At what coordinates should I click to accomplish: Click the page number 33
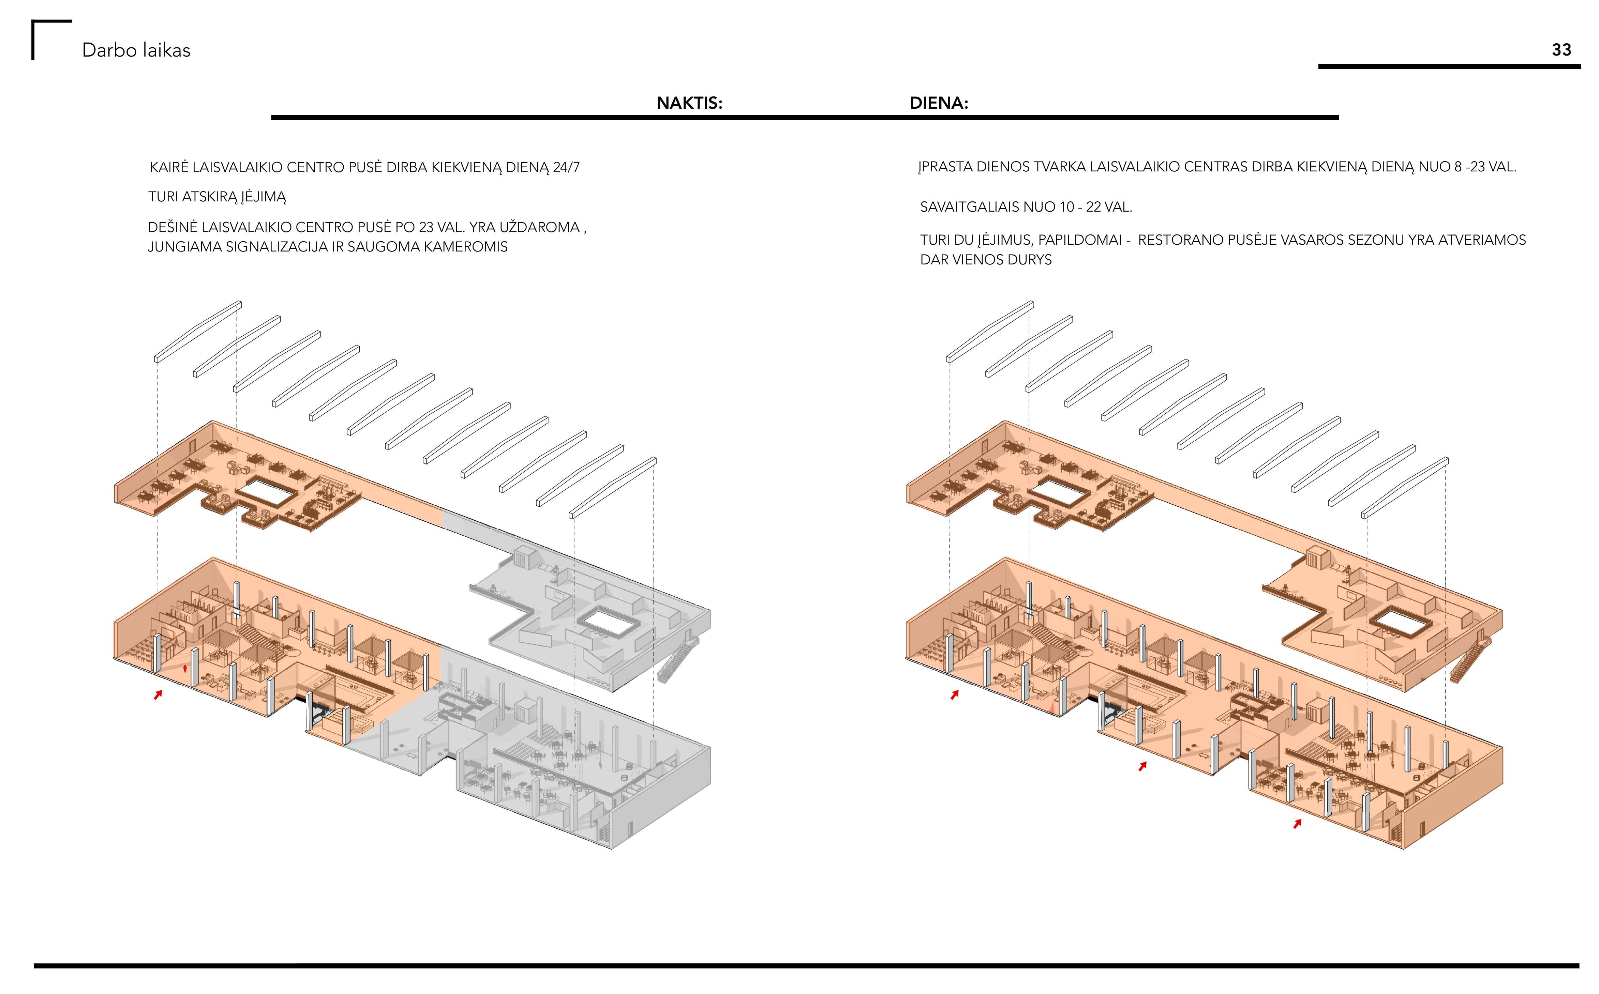pyautogui.click(x=1561, y=50)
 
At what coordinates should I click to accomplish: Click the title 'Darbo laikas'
pyautogui.click(x=136, y=51)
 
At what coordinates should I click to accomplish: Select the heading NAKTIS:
pyautogui.click(x=689, y=103)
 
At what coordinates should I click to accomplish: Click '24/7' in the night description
pyautogui.click(x=566, y=168)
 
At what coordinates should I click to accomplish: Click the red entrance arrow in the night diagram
pyautogui.click(x=158, y=694)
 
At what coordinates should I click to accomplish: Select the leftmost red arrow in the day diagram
pyautogui.click(x=954, y=694)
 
